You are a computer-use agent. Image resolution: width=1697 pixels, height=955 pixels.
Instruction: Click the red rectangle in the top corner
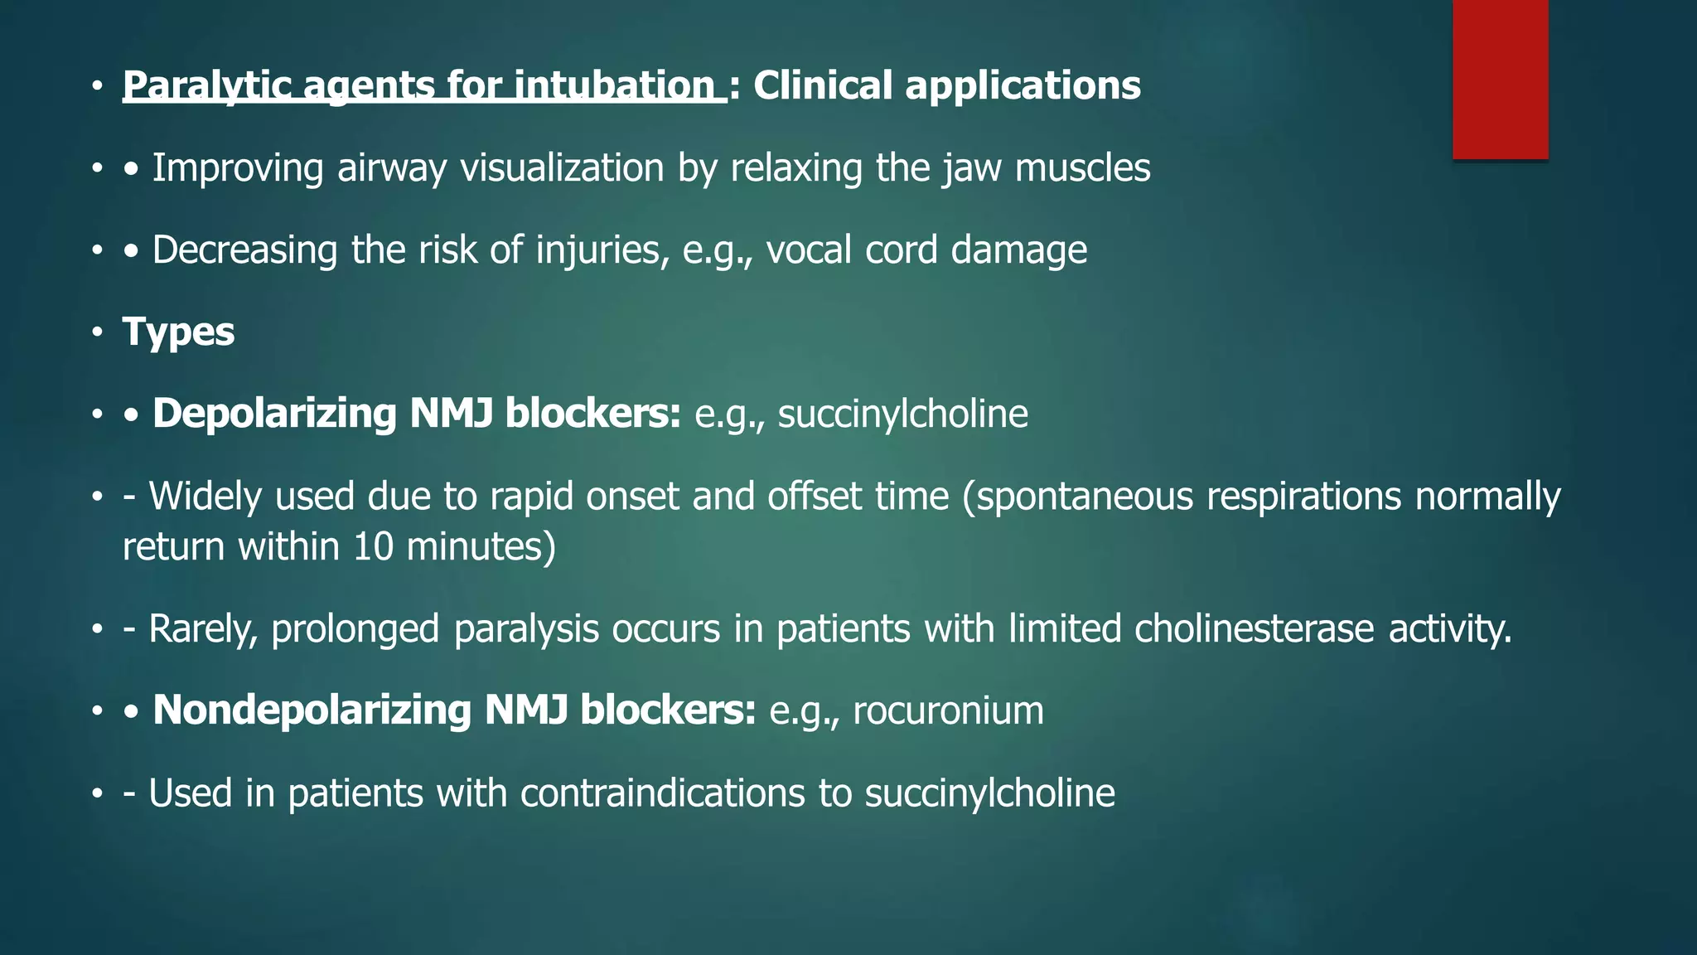tap(1500, 79)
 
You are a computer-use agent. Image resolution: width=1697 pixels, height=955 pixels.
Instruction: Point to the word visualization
tap(562, 168)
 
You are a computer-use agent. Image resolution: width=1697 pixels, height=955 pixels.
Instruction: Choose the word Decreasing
tap(244, 250)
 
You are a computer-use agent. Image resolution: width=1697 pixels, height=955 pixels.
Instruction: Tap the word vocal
tap(808, 250)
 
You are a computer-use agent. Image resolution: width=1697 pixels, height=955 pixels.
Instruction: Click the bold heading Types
tap(178, 332)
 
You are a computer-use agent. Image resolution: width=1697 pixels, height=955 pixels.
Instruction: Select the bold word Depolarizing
tap(274, 414)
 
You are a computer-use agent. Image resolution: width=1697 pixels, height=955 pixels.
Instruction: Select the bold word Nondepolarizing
tap(312, 710)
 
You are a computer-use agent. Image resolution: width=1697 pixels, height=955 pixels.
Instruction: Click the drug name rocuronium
tap(948, 711)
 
